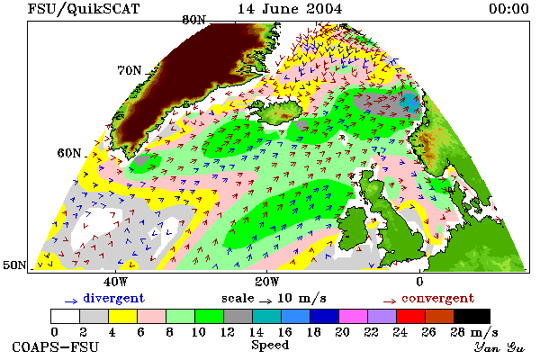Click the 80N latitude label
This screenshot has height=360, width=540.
tap(193, 21)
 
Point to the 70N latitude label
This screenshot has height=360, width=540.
tap(130, 70)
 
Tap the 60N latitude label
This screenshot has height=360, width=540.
tap(69, 153)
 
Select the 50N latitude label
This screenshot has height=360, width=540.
tap(14, 265)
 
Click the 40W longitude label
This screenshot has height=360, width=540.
tap(115, 282)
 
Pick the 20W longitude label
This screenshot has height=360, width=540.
tap(267, 282)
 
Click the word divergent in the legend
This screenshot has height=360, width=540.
tap(113, 298)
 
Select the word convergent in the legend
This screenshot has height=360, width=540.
tap(437, 298)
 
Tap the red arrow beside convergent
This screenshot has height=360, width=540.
tap(390, 301)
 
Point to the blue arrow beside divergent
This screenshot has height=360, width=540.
tap(71, 301)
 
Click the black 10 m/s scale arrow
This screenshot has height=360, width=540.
tap(265, 301)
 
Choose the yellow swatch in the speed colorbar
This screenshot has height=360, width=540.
tap(122, 316)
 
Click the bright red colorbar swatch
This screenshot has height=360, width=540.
tap(410, 316)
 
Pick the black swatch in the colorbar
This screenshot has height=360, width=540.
tap(472, 316)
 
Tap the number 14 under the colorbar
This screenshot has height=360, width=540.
tap(256, 332)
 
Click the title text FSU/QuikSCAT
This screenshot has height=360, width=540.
tap(84, 9)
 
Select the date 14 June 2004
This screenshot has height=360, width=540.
tap(290, 9)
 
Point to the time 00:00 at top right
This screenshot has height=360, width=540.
tap(508, 9)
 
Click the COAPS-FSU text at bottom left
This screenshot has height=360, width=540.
tap(55, 346)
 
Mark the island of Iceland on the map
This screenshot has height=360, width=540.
tap(279, 111)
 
